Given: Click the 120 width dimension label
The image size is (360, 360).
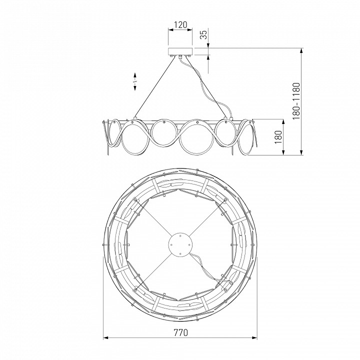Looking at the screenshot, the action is [x=180, y=24].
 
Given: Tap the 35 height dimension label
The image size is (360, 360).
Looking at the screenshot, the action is [x=203, y=34].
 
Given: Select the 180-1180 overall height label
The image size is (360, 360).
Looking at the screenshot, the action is [x=296, y=101].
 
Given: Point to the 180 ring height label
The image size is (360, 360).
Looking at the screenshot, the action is [x=278, y=137].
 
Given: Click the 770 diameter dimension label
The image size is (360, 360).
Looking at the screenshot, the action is [x=180, y=332].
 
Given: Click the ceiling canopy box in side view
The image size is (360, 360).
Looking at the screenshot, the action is [x=180, y=51].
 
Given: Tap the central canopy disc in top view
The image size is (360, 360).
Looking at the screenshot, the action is [x=180, y=244].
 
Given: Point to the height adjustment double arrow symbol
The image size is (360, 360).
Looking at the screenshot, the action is [x=135, y=81].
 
